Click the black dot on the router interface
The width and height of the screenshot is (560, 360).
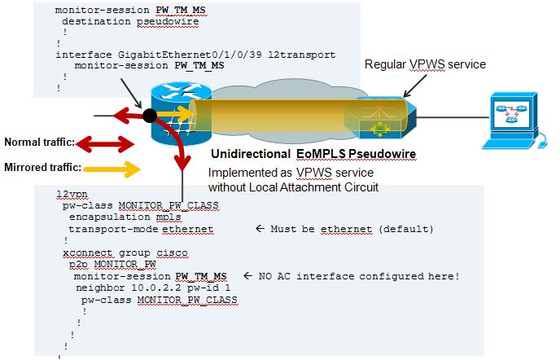(x=150, y=116)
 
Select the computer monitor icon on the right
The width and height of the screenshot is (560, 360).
(x=513, y=120)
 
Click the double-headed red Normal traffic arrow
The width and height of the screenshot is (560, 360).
(x=105, y=144)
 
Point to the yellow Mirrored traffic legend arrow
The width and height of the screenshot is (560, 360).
(x=112, y=169)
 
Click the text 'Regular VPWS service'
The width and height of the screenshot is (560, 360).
(x=425, y=64)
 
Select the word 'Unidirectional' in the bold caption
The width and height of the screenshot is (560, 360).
(x=251, y=154)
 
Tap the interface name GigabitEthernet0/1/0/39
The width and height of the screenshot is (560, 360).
(x=190, y=55)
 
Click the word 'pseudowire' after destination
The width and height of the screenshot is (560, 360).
(x=168, y=21)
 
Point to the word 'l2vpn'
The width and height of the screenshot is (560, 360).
(x=72, y=194)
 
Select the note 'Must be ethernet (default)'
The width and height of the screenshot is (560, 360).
(x=352, y=229)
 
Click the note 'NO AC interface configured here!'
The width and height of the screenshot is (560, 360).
(x=359, y=276)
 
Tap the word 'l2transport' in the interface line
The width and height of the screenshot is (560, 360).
(x=302, y=55)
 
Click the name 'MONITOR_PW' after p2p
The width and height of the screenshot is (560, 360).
(x=125, y=264)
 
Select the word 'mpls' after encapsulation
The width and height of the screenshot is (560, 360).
(x=168, y=217)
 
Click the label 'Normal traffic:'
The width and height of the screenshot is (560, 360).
(x=40, y=143)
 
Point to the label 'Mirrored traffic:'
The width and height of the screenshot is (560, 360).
(x=43, y=167)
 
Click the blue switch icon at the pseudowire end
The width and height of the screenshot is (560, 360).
(x=380, y=117)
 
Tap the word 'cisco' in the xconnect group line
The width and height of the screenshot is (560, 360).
(x=172, y=252)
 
